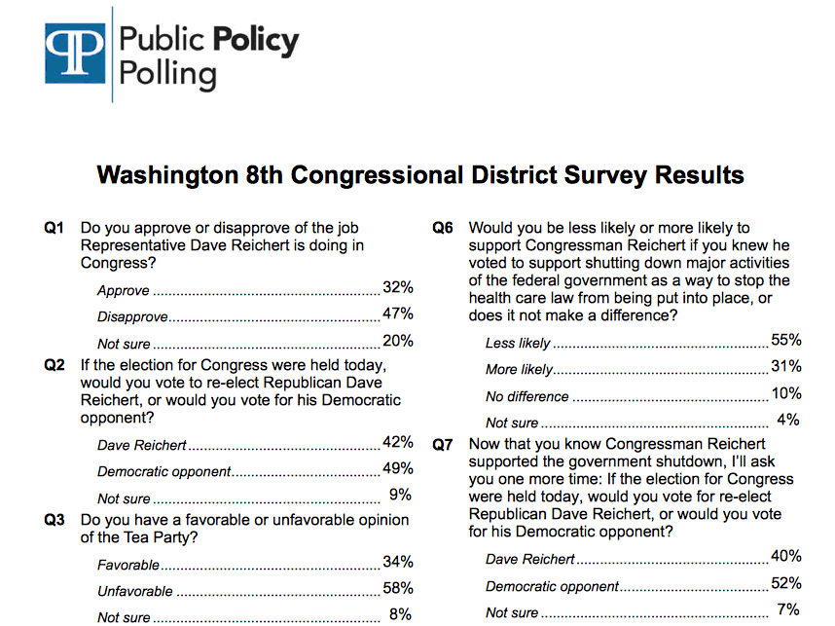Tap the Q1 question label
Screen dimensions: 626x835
(x=54, y=228)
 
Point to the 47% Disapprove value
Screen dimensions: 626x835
(x=398, y=313)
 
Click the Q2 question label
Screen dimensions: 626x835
(x=54, y=365)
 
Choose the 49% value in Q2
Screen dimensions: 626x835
(x=398, y=469)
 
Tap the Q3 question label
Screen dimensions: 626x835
(x=54, y=520)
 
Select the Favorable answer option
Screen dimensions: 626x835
(x=128, y=565)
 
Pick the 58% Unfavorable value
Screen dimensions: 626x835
(x=398, y=588)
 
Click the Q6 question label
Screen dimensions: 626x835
(x=443, y=228)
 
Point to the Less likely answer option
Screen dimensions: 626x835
(x=518, y=344)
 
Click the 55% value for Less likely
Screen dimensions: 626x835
(x=785, y=340)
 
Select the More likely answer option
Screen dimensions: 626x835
(x=519, y=370)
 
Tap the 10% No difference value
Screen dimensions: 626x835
(x=785, y=393)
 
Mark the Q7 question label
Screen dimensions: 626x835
(x=443, y=444)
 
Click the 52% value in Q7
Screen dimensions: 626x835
(x=785, y=583)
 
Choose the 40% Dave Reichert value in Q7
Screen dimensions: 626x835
(x=785, y=556)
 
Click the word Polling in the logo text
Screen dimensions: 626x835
(x=167, y=73)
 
